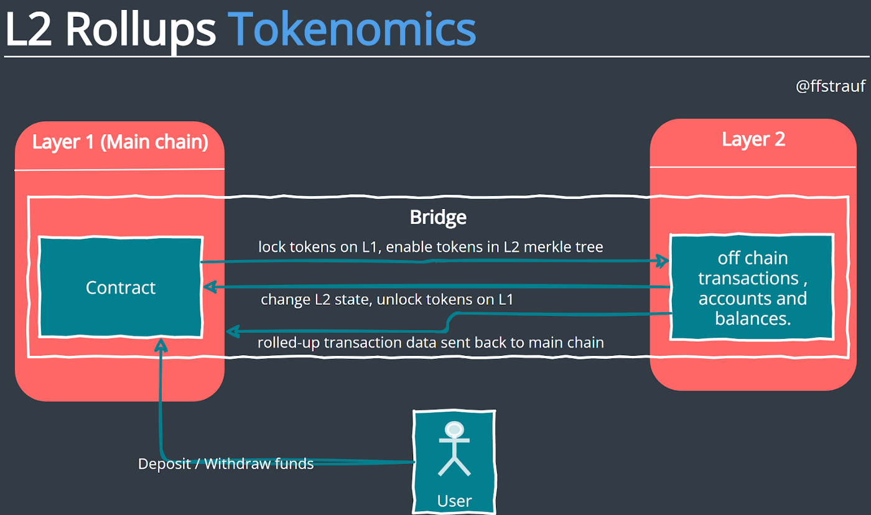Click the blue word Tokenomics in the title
(352, 29)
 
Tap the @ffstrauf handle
(831, 86)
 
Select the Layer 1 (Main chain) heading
(120, 142)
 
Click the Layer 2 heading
(753, 139)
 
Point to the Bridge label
(438, 217)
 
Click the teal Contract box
(121, 287)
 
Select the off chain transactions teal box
(752, 287)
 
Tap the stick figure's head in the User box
(454, 430)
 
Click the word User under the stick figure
(454, 501)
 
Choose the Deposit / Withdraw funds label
(226, 464)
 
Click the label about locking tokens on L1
(431, 247)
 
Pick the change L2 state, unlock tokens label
(387, 300)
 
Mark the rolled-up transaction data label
(431, 343)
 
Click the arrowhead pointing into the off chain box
(663, 261)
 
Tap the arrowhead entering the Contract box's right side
(210, 287)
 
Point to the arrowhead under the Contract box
(161, 345)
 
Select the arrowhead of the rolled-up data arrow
(233, 332)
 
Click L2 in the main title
(29, 29)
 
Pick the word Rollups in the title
(141, 32)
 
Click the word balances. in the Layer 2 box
(753, 318)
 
